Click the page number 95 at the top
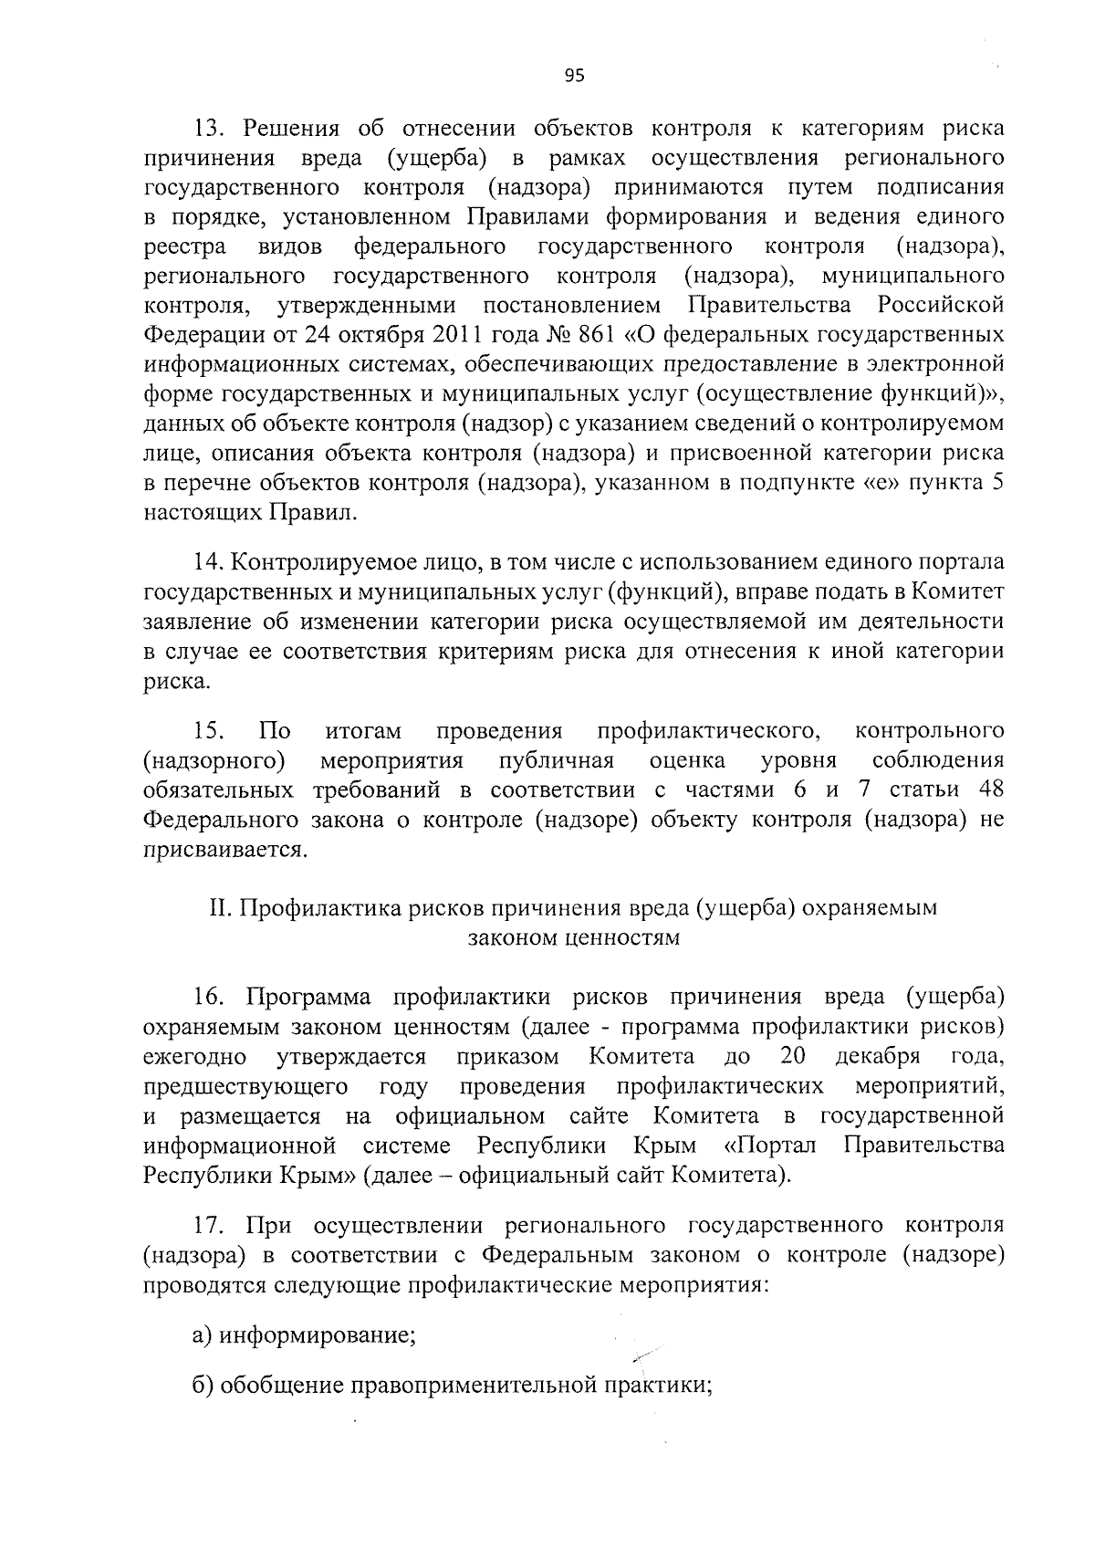(x=574, y=77)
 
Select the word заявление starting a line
(x=193, y=622)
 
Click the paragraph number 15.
(x=209, y=731)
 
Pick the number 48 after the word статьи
(x=989, y=790)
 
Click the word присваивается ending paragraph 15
(x=223, y=850)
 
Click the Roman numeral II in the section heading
(x=219, y=908)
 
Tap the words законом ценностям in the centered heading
(x=574, y=937)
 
